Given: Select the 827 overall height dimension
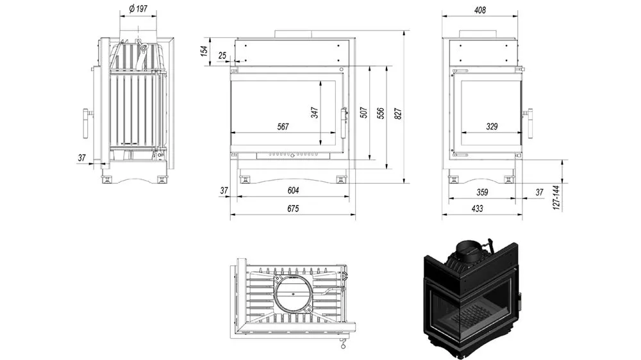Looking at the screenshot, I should [x=398, y=113].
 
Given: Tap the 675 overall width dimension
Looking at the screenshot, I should [x=292, y=209].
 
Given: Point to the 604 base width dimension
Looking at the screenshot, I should [x=292, y=190].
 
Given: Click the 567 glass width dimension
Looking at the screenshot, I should [x=283, y=127].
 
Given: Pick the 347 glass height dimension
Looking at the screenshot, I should [x=315, y=113].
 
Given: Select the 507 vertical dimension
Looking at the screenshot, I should [x=363, y=113].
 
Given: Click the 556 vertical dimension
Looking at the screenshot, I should [x=381, y=113].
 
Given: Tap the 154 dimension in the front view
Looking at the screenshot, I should [x=204, y=51].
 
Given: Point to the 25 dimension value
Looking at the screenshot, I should [x=222, y=56].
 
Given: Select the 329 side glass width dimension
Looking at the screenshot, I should [x=492, y=127].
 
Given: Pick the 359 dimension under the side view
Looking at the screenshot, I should [x=483, y=192].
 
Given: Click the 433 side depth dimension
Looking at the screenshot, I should [x=477, y=209].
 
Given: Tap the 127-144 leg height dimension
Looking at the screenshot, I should [x=556, y=199].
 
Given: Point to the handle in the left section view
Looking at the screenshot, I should [x=85, y=122].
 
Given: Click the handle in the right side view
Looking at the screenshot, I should [x=529, y=122].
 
